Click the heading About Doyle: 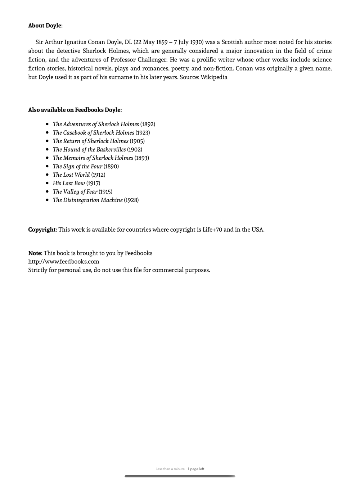click(45, 26)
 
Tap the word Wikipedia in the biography click(214, 77)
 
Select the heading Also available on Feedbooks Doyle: click(75, 110)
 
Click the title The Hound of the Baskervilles click(89, 149)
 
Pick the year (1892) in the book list click(148, 124)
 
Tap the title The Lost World click(71, 175)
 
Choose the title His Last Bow click(69, 183)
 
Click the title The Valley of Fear click(75, 192)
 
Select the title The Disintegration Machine click(87, 200)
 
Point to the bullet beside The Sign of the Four click(47, 166)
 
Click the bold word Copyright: click(42, 230)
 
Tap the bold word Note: click(35, 253)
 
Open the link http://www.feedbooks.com click(64, 262)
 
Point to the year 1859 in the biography click(162, 42)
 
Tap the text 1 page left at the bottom click(196, 469)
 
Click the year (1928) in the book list click(131, 200)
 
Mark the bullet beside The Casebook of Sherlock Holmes click(47, 133)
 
